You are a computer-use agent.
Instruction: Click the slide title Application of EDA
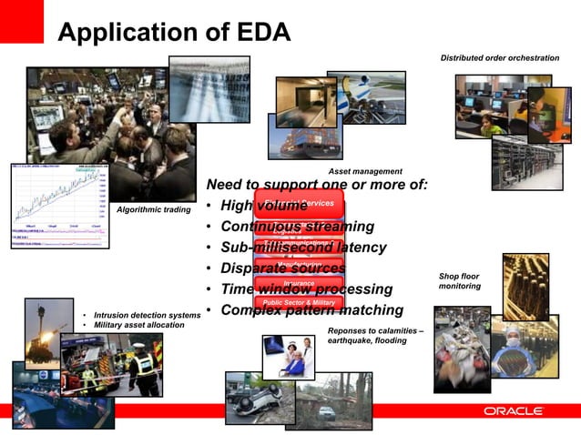174,35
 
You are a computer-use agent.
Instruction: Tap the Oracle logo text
513,411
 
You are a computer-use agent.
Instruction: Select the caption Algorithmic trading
154,210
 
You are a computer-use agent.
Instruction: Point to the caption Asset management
364,171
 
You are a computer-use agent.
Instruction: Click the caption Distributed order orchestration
500,58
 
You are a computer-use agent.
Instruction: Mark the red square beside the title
21,21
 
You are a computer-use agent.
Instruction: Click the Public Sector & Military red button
299,302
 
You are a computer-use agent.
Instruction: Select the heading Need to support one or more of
317,186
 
